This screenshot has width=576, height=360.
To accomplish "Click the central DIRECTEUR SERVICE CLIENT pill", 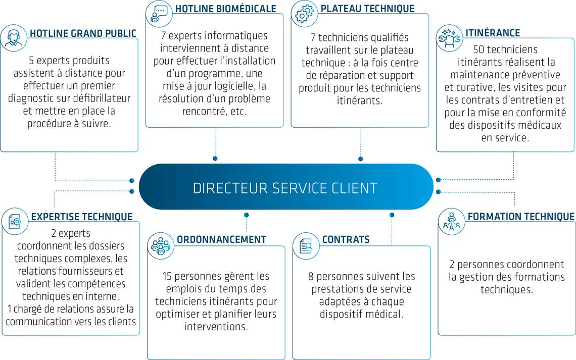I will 285,188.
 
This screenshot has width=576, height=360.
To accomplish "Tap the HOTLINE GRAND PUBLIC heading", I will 83,34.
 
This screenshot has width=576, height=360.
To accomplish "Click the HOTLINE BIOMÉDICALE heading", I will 225,9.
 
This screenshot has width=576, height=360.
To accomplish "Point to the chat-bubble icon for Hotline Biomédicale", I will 159,13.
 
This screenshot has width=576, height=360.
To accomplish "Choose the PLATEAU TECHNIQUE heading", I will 367,9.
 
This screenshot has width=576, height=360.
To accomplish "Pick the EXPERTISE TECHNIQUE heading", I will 81,217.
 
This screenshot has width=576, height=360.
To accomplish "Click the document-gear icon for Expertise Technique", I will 15,221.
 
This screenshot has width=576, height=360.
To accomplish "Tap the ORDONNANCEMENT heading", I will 221,239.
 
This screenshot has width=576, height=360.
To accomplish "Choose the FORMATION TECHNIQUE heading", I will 521,217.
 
